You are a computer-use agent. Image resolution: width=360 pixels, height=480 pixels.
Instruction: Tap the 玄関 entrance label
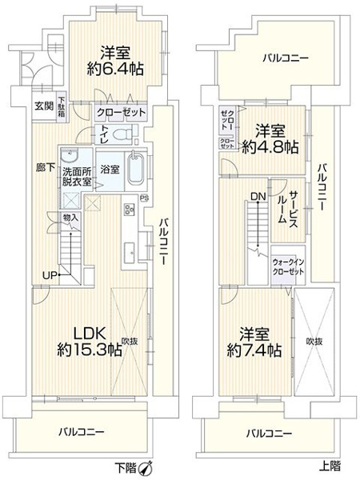click(x=43, y=106)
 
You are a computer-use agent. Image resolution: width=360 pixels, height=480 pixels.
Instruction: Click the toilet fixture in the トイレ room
click(x=121, y=134)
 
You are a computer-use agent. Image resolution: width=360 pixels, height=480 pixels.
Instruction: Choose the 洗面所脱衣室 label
click(x=78, y=176)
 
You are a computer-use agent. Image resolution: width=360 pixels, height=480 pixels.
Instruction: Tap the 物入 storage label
click(x=70, y=217)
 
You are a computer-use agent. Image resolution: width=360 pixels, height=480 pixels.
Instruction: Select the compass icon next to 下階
click(x=144, y=467)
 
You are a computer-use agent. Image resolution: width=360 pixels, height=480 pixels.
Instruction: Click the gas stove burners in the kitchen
click(x=128, y=211)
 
